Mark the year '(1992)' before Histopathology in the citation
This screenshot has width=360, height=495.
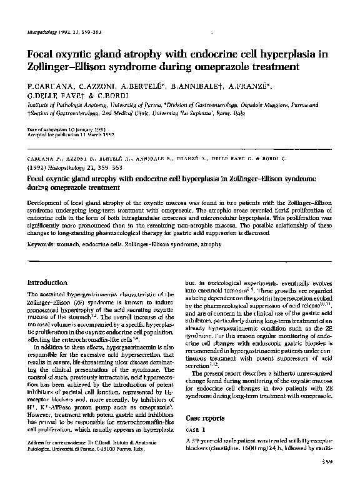click(38, 168)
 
